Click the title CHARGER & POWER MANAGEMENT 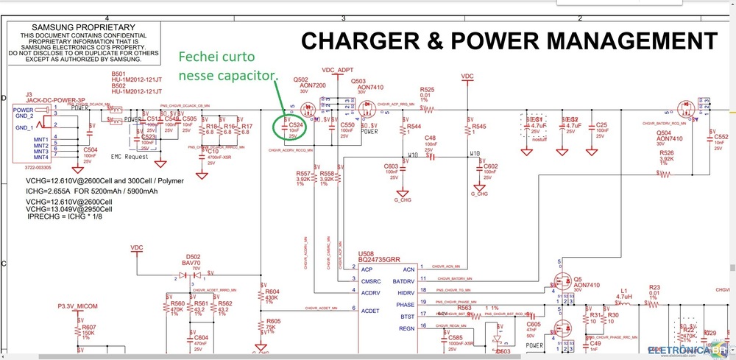(x=509, y=40)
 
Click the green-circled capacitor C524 (x=293, y=127)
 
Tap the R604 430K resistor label (x=272, y=295)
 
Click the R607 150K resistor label (x=88, y=331)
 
